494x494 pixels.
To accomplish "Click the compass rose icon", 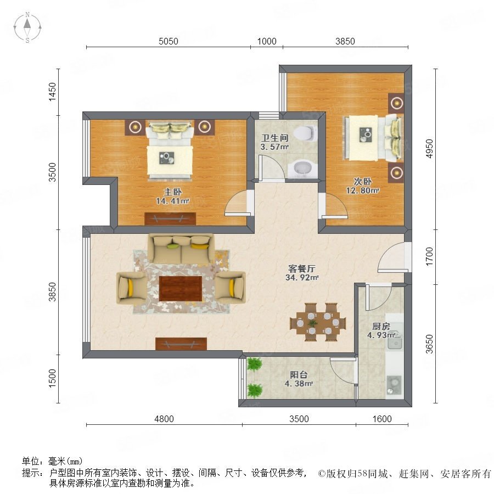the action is pyautogui.click(x=27, y=27).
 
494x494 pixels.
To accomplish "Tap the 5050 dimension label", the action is pyautogui.click(x=169, y=41).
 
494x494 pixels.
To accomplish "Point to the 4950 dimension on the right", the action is pyautogui.click(x=429, y=148).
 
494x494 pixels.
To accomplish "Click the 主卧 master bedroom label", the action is pyautogui.click(x=172, y=192).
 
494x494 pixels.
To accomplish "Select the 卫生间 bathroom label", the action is pyautogui.click(x=275, y=138).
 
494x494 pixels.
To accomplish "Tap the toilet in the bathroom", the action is pyautogui.click(x=305, y=133).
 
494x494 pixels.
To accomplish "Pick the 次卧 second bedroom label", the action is pyautogui.click(x=363, y=182).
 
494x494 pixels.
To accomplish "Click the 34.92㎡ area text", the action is pyautogui.click(x=302, y=278).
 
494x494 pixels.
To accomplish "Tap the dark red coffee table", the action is pyautogui.click(x=181, y=288).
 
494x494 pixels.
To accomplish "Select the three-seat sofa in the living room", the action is pyautogui.click(x=181, y=249).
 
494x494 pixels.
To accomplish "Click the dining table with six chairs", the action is pyautogui.click(x=318, y=322).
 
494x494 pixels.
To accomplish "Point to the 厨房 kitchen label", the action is pyautogui.click(x=381, y=326).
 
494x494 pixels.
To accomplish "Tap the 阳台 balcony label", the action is pyautogui.click(x=299, y=374).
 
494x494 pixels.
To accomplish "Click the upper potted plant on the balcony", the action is pyautogui.click(x=254, y=364).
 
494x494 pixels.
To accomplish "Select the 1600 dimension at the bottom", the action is pyautogui.click(x=382, y=419).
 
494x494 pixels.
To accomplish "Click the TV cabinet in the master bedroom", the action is pyautogui.click(x=170, y=218).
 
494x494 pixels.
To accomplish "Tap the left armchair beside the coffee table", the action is pyautogui.click(x=131, y=288).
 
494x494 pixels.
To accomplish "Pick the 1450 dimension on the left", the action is pyautogui.click(x=52, y=92).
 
